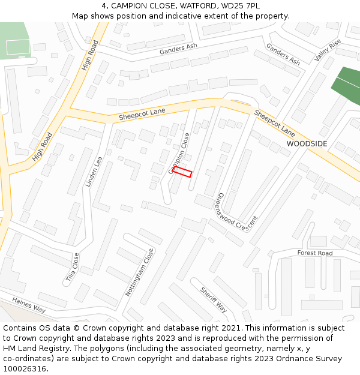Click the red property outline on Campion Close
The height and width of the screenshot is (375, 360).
[182, 172]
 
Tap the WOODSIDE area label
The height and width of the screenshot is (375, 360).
[307, 144]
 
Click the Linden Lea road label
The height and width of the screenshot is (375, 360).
[94, 172]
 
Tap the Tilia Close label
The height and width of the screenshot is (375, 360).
[72, 268]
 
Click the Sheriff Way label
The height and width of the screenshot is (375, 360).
[214, 299]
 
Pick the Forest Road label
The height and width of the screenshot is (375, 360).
[315, 253]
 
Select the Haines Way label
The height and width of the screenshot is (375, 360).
[29, 305]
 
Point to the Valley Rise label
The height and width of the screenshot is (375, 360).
[328, 50]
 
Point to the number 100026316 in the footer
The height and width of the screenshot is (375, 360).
[25, 369]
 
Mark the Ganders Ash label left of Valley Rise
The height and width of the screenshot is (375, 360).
[283, 55]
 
